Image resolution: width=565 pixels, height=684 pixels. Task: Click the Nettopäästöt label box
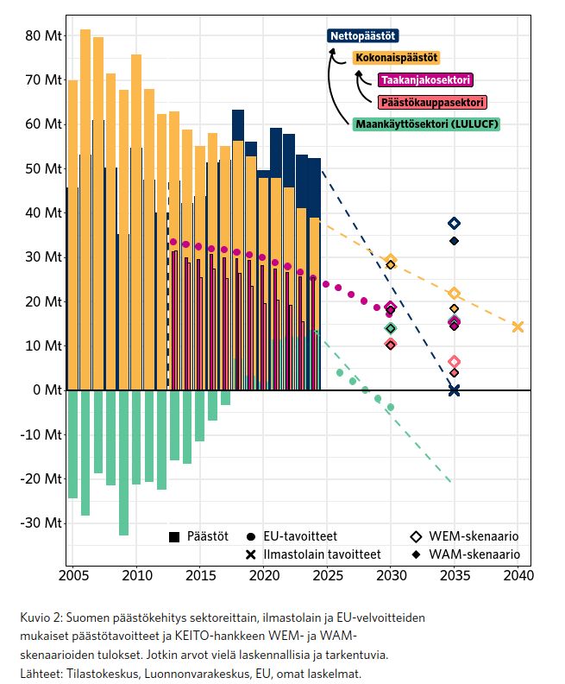[x=362, y=36]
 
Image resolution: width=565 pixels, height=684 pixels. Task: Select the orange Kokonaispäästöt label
[x=396, y=58]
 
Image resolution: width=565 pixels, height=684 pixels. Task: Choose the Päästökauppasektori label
[x=432, y=102]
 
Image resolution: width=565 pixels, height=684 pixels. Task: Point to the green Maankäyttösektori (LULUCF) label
[x=426, y=124]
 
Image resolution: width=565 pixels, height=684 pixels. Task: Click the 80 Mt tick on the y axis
[x=43, y=35]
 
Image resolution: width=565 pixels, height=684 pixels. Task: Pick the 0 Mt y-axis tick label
[x=47, y=390]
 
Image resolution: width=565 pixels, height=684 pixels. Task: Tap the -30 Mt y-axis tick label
[x=41, y=523]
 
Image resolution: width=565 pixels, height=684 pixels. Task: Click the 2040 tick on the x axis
[x=518, y=575]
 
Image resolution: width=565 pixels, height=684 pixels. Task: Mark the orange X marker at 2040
[x=518, y=326]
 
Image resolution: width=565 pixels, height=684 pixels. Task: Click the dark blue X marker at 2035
[x=455, y=390]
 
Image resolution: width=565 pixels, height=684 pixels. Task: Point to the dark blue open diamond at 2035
[x=455, y=224]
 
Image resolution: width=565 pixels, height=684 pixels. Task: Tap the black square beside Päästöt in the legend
[x=174, y=537]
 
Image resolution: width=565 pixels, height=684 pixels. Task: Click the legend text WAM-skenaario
[x=474, y=554]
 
